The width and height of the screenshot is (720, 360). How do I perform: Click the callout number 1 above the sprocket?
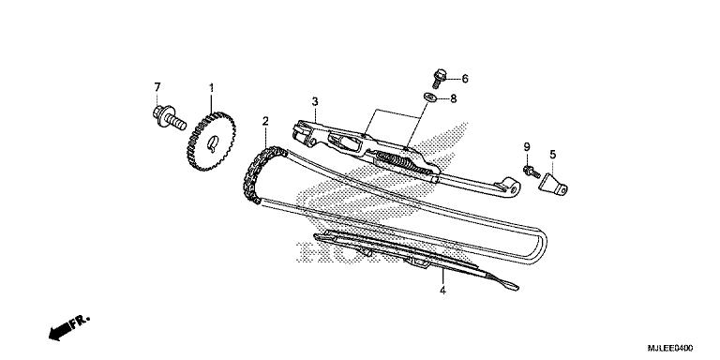click(x=212, y=88)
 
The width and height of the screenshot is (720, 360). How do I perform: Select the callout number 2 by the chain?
click(x=265, y=121)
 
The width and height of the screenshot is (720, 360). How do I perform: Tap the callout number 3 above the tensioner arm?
click(x=316, y=101)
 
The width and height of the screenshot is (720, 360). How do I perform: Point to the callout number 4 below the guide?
click(x=442, y=292)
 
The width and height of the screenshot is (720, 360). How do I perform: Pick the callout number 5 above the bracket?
click(x=552, y=154)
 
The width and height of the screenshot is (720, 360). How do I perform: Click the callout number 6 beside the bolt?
click(x=464, y=79)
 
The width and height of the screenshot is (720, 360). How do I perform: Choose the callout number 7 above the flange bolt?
click(x=157, y=88)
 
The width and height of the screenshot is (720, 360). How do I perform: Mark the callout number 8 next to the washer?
click(x=453, y=97)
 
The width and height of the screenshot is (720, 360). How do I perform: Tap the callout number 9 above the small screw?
click(x=527, y=147)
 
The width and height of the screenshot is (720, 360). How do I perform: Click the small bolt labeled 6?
click(x=440, y=74)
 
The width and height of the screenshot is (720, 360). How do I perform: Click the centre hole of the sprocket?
click(x=214, y=143)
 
